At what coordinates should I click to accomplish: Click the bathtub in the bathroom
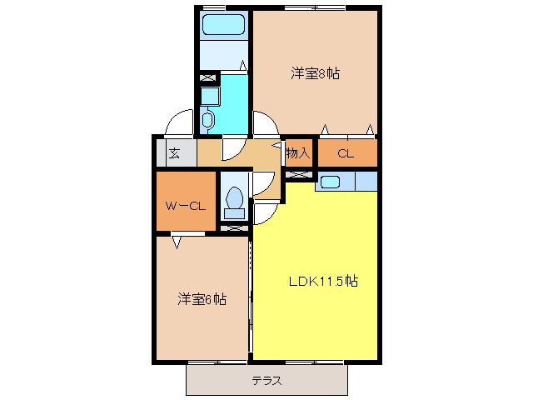point(222,24)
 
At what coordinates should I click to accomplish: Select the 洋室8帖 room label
point(315,73)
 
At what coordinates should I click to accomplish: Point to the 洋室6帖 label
point(202,298)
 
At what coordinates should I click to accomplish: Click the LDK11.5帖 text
point(323,281)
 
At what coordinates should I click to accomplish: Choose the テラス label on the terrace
point(266,382)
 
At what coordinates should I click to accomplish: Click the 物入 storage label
point(297,152)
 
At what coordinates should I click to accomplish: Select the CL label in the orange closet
point(346,152)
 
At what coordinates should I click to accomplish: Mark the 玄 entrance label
point(175,153)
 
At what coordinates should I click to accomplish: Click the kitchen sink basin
point(328,181)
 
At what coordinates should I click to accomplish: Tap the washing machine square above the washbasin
point(209,94)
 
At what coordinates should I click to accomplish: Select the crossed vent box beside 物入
point(298,174)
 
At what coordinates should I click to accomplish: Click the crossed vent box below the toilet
point(234,227)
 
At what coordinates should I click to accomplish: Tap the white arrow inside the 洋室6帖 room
point(177,243)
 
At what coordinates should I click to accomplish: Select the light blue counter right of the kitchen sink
point(366,180)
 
